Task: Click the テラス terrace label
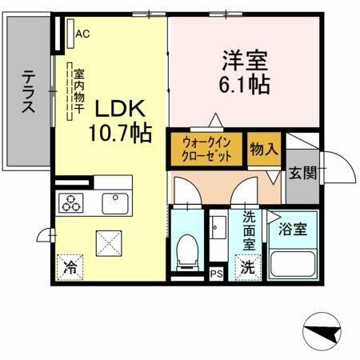tap(28, 94)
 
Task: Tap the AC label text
tap(82, 33)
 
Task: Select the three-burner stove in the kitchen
tap(70, 204)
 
